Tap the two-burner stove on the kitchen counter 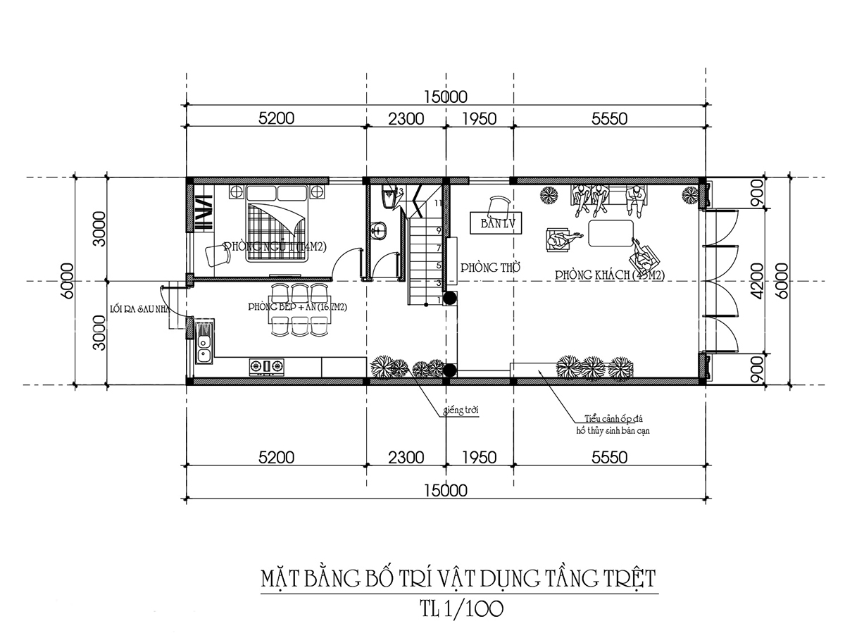(x=268, y=365)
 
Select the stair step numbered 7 (x=438, y=249)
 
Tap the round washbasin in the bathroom (x=380, y=229)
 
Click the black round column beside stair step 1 (x=449, y=298)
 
